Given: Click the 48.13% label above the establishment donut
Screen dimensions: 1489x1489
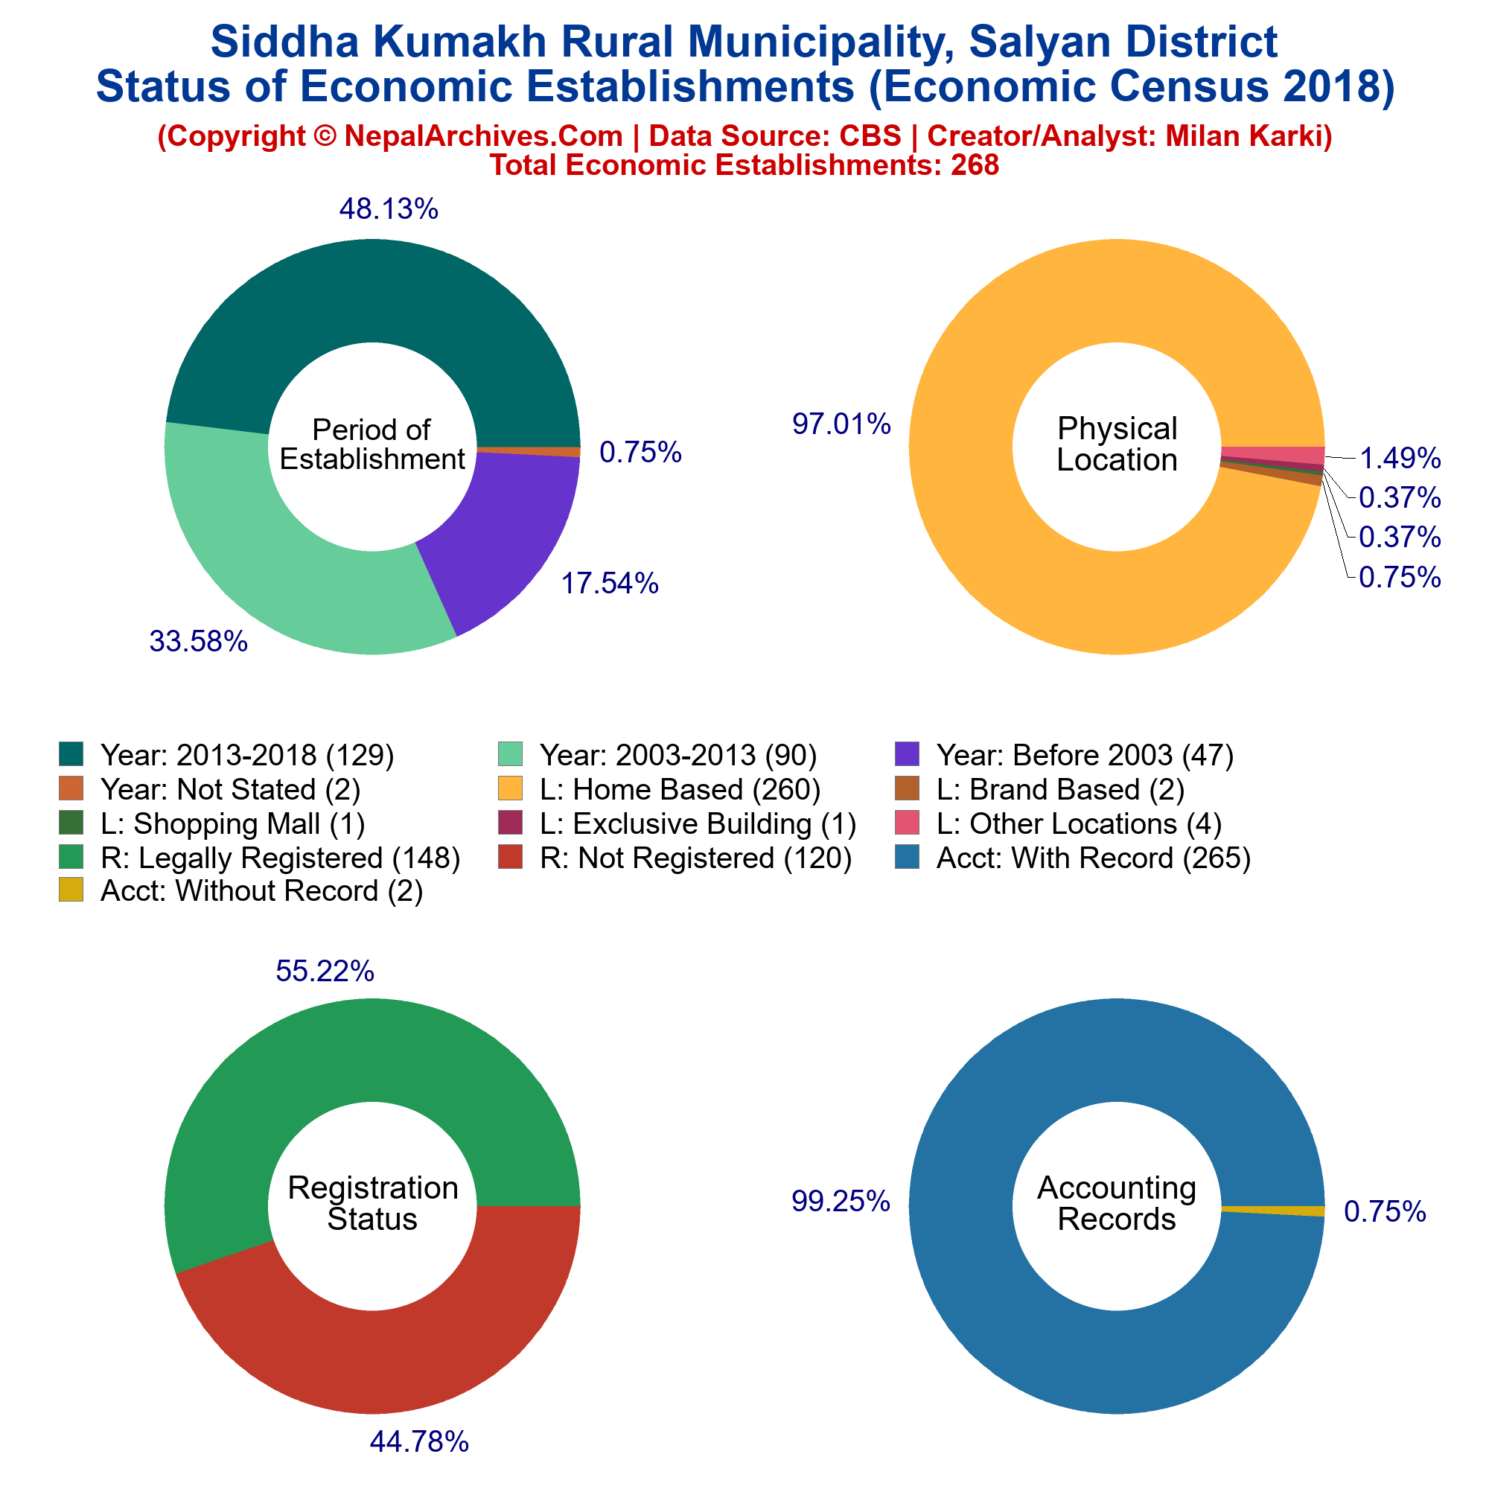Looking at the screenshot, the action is pos(389,209).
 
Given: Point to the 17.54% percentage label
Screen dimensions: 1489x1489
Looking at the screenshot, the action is pos(610,584).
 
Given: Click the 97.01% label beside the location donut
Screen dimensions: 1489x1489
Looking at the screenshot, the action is pos(841,424).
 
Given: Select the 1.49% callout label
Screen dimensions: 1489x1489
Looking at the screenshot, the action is pos(1400,459).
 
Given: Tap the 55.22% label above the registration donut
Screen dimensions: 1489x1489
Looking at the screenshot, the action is pos(325,971).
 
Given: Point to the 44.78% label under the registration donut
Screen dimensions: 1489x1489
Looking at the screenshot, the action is pos(419,1442).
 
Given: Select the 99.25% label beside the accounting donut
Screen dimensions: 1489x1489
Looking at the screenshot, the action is pos(841,1202).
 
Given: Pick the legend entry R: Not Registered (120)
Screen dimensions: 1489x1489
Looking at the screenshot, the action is pos(675,858).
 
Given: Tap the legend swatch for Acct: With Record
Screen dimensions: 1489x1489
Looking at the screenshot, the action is pos(907,857).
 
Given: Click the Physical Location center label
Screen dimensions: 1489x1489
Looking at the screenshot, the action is pos(1117,444).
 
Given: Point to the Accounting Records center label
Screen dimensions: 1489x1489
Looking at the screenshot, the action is pos(1117,1203).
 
